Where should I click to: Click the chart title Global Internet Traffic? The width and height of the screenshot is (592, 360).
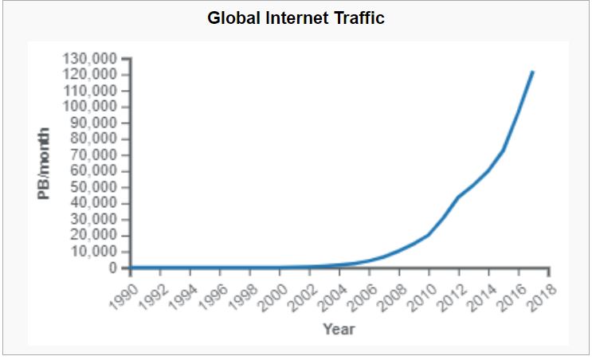click(x=296, y=18)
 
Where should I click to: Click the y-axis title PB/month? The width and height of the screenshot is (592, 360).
click(x=46, y=163)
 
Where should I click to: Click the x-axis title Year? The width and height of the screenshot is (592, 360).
click(x=339, y=329)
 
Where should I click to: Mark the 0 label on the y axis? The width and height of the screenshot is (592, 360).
click(x=113, y=268)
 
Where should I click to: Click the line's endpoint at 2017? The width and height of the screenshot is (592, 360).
click(x=532, y=72)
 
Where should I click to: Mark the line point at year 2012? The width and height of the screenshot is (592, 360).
click(x=458, y=197)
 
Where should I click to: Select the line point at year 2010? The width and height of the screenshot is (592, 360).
click(x=429, y=234)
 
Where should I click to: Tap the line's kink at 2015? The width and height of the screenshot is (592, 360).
click(x=503, y=150)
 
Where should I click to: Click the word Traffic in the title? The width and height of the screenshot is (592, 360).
click(x=357, y=18)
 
